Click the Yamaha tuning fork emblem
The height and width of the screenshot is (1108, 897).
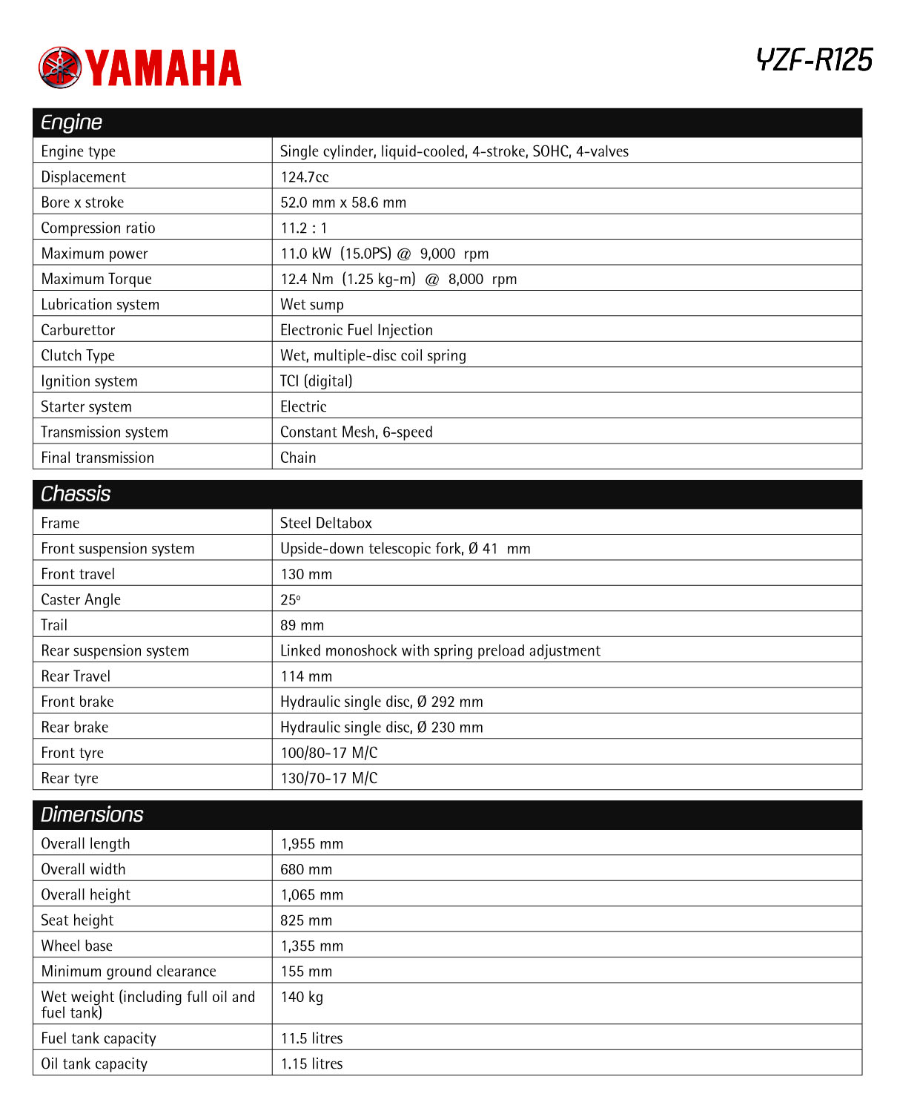pyautogui.click(x=59, y=67)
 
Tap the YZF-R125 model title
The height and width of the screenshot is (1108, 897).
pyautogui.click(x=814, y=60)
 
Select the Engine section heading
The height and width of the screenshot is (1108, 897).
pyautogui.click(x=72, y=122)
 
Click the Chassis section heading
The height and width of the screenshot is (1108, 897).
pyautogui.click(x=76, y=494)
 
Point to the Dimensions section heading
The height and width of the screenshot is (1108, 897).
pyautogui.click(x=92, y=814)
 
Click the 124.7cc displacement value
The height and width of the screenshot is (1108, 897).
pyautogui.click(x=305, y=177)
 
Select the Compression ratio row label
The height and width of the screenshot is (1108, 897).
pyautogui.click(x=98, y=228)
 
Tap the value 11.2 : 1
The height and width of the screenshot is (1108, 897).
pyautogui.click(x=304, y=228)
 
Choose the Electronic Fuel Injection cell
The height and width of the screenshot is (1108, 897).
pyautogui.click(x=357, y=330)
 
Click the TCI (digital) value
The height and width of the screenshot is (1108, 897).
pyautogui.click(x=317, y=381)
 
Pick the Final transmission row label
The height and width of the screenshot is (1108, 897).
pyautogui.click(x=97, y=458)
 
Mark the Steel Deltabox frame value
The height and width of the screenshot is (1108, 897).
pyautogui.click(x=326, y=523)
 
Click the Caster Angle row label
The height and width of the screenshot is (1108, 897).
pyautogui.click(x=81, y=599)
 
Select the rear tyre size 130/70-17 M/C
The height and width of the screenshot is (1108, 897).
pyautogui.click(x=329, y=778)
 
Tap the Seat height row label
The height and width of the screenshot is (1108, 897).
pyautogui.click(x=77, y=920)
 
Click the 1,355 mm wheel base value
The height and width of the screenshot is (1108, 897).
pyautogui.click(x=312, y=946)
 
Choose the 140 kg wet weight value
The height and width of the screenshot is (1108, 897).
pyautogui.click(x=302, y=997)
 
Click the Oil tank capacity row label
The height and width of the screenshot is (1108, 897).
pyautogui.click(x=94, y=1064)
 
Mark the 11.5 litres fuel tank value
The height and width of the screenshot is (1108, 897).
pyautogui.click(x=311, y=1038)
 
